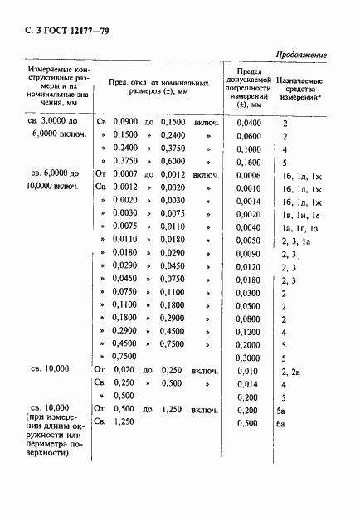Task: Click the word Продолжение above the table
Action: pos(300,55)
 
